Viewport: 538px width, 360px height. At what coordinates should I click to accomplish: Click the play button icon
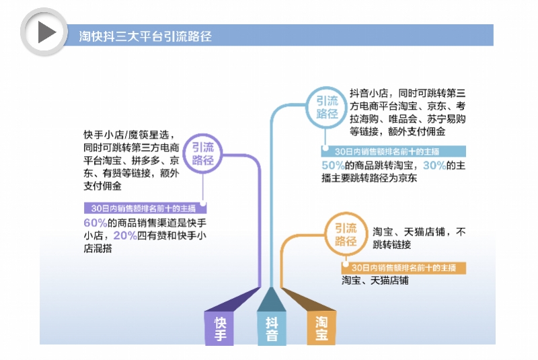click(x=44, y=32)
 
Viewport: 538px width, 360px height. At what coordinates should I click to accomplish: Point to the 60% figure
click(x=95, y=223)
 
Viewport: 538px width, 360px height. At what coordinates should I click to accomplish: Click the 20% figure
click(x=125, y=236)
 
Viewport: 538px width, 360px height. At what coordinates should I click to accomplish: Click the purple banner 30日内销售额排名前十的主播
click(x=143, y=209)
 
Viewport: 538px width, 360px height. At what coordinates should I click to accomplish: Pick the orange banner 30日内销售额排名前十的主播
click(x=403, y=267)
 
